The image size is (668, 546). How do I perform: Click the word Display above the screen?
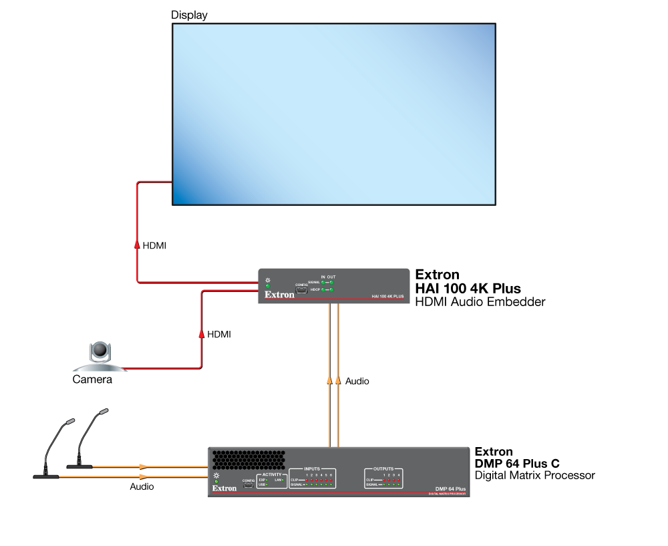pos(188,15)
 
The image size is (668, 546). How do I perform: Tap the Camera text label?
pos(92,380)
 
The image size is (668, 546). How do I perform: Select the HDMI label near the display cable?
pos(154,246)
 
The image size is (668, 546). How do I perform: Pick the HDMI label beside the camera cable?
pos(219,333)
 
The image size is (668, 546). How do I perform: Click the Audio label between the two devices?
pos(357,381)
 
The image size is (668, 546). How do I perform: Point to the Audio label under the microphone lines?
pos(142,487)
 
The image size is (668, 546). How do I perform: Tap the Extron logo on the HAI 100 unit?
pos(279,293)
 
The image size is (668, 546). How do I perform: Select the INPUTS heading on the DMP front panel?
pos(312,468)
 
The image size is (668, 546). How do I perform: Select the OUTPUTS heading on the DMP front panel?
pos(383,468)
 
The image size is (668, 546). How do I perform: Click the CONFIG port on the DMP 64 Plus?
pos(248,486)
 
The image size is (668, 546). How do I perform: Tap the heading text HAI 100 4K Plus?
pos(468,288)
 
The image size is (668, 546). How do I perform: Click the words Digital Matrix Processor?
pos(534,475)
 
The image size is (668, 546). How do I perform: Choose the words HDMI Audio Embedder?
pos(480,302)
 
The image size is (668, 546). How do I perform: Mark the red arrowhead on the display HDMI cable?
pos(137,245)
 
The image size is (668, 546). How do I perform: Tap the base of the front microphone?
pos(46,476)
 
